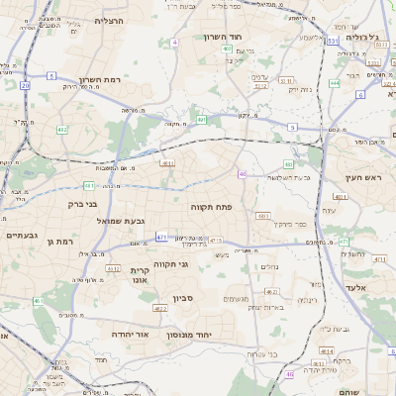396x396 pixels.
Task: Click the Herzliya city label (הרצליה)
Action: [x=108, y=20]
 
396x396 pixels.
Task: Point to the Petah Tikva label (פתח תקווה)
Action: [x=211, y=206]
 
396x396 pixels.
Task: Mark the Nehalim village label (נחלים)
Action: [x=268, y=266]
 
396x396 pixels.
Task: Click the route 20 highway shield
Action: [x=25, y=86]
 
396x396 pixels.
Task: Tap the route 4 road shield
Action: [x=174, y=43]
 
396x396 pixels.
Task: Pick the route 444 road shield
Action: [x=335, y=83]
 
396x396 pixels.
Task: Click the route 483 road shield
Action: [x=262, y=215]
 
